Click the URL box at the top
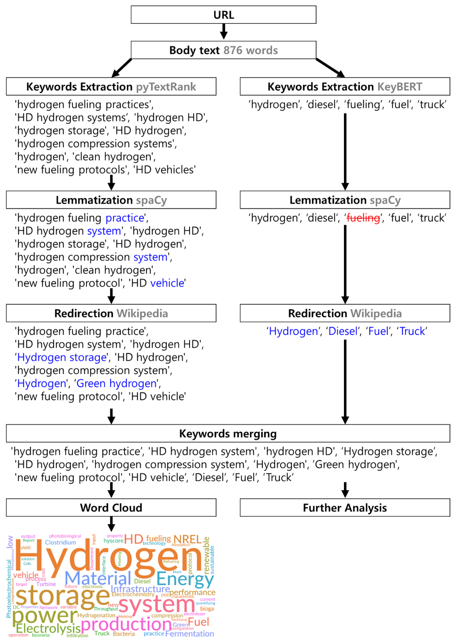click(223, 15)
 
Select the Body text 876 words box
click(223, 50)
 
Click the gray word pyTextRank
click(166, 87)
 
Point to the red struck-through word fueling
click(363, 218)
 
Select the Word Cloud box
click(111, 508)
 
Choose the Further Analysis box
click(345, 508)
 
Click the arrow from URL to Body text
click(224, 31)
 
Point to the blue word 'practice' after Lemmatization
click(125, 218)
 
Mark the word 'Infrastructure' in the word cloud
click(140, 589)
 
